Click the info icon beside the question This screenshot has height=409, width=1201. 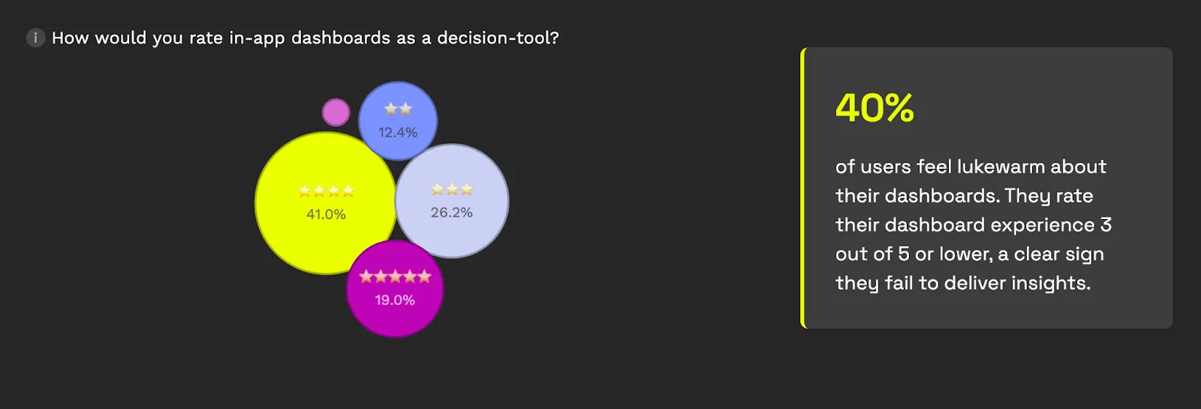point(35,38)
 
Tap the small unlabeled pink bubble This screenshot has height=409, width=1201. point(336,113)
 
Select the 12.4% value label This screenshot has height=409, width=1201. point(398,132)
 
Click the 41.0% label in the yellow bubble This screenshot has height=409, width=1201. point(326,215)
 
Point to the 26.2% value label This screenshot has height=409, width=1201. point(451,213)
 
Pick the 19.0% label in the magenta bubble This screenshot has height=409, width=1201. point(395,300)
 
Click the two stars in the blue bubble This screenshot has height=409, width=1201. point(398,109)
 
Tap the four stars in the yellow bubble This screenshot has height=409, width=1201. point(326,191)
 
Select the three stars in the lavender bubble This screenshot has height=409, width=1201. point(452,189)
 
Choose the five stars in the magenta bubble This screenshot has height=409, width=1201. point(395,277)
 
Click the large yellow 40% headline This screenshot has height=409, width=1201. point(874,108)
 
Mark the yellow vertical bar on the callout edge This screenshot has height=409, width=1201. point(802,188)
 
